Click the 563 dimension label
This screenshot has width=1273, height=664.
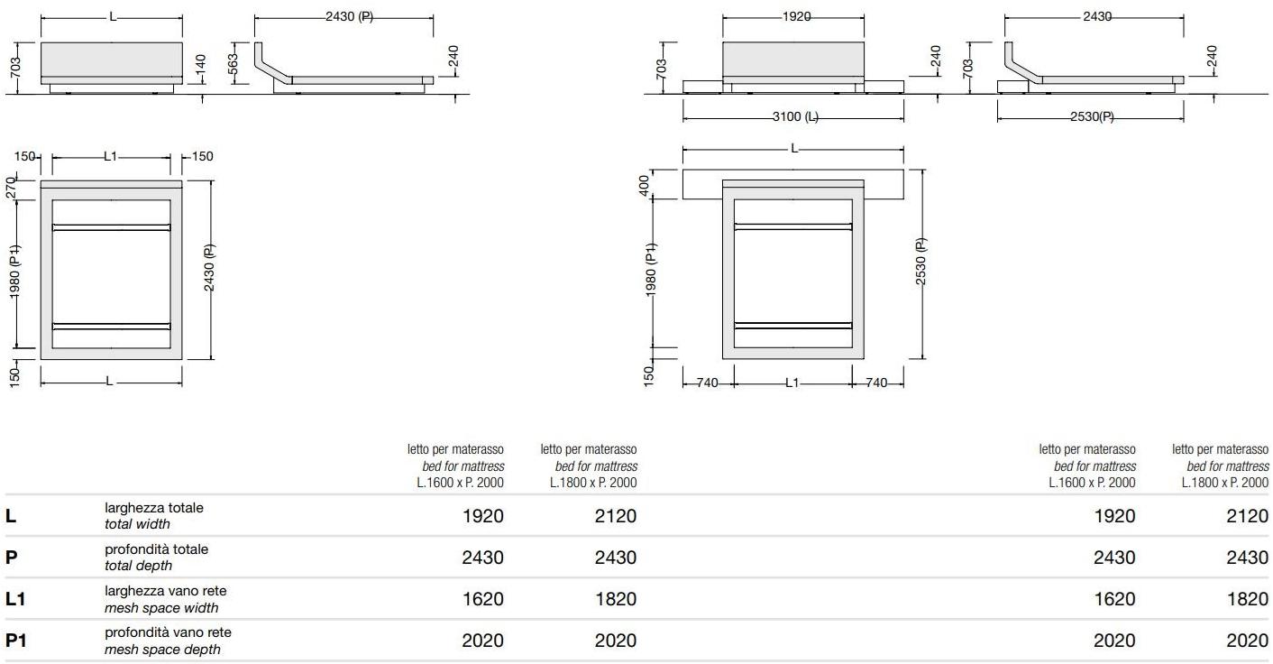233,64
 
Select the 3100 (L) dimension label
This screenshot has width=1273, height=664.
795,116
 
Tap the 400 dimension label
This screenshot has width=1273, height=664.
644,185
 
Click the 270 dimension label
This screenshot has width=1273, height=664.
12,189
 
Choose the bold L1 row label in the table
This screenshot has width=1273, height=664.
15,599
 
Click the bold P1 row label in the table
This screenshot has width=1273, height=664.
16,641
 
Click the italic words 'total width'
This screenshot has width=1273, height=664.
137,524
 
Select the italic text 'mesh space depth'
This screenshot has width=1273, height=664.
162,650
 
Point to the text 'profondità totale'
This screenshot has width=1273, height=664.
156,549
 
